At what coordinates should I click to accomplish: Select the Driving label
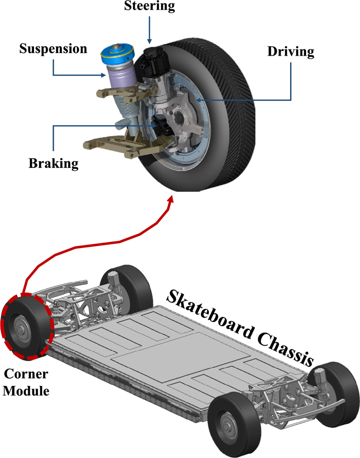coord(291,52)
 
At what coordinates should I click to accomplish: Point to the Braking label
coord(53,164)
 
